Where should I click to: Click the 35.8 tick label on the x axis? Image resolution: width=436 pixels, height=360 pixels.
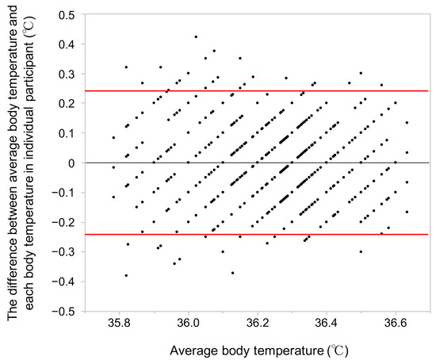click(119, 324)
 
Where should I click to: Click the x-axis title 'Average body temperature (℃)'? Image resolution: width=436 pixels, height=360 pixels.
click(261, 350)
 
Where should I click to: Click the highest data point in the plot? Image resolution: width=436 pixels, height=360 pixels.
click(196, 36)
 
